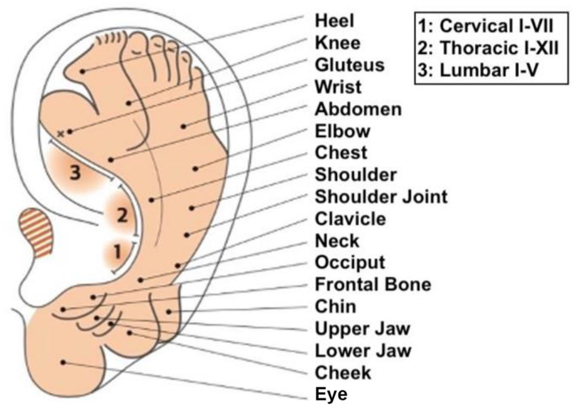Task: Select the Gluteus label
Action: pos(349,65)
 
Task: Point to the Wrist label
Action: pos(338,87)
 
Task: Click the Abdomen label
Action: pos(358,109)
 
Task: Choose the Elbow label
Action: pos(343,131)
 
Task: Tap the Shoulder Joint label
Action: pos(381,197)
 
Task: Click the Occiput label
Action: pos(350,263)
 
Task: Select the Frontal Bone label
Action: pos(372,284)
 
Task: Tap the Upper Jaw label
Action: pos(363,329)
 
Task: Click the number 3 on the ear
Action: pos(76,173)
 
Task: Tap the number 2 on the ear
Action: pos(122,216)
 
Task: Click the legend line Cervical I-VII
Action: pos(486,26)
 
